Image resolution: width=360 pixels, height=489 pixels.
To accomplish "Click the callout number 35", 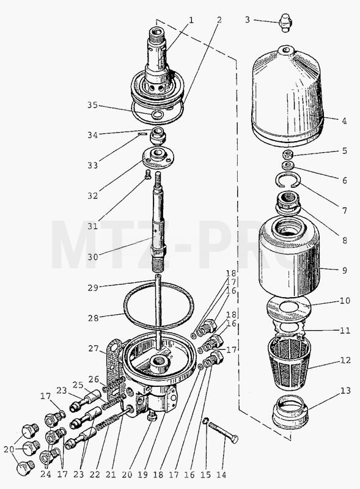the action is [93, 105].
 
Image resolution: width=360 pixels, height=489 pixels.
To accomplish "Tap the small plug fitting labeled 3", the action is [284, 22].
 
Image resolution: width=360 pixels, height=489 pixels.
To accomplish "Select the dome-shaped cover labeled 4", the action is [288, 96].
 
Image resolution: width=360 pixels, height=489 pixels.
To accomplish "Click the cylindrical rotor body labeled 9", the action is [290, 257].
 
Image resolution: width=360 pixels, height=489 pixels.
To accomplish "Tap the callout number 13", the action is [345, 391].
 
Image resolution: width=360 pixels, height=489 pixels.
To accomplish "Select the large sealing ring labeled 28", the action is [158, 306].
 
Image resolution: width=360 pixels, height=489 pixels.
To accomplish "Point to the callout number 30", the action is [93, 257].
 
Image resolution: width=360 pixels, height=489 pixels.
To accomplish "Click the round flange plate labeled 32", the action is [157, 158].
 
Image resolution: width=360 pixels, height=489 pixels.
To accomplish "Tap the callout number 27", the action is [94, 348].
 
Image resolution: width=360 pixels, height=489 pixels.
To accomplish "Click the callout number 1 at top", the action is [191, 20].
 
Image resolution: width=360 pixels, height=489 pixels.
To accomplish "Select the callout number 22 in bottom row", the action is [95, 474].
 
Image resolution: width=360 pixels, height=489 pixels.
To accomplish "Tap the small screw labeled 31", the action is [148, 175].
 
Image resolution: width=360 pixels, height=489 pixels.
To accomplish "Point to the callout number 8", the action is [344, 240].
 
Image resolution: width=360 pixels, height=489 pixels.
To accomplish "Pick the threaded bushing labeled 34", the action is [158, 136].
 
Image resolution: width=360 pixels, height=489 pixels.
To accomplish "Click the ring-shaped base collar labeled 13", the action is [290, 412].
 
